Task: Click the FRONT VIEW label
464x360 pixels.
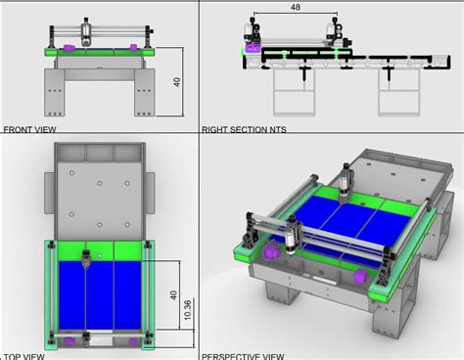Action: [x=30, y=129]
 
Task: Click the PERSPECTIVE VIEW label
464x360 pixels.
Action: [x=245, y=356]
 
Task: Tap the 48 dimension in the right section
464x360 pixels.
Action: [x=295, y=8]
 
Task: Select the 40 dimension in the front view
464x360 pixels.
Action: [x=176, y=83]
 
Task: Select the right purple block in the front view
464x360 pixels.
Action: [x=129, y=46]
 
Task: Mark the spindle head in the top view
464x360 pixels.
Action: [x=87, y=258]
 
